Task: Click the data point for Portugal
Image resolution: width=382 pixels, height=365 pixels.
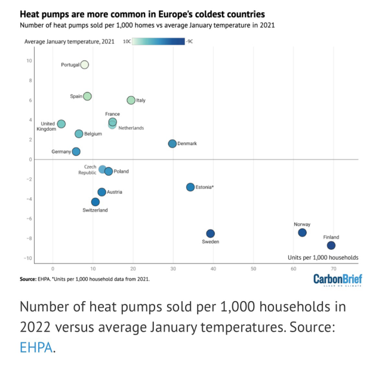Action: coord(85,65)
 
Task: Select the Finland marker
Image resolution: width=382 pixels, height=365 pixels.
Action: coord(331,246)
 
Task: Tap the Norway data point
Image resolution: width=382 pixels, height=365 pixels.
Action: coord(302,232)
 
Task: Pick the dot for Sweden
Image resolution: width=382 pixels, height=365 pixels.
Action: coord(210,234)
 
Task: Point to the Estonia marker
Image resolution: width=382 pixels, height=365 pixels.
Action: coord(190,187)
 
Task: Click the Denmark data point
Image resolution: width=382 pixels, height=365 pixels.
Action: coord(172,143)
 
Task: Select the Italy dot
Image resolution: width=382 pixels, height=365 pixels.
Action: coord(131,100)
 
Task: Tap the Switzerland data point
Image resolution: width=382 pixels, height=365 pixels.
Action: coord(95,202)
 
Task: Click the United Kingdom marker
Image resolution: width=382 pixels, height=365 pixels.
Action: coord(61,124)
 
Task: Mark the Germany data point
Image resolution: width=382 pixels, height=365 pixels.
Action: coord(76,152)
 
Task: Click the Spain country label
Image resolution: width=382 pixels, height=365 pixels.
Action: coord(76,96)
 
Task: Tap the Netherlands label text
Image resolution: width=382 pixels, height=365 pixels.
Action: coord(131,128)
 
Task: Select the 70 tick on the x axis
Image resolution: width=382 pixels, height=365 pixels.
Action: coord(333,269)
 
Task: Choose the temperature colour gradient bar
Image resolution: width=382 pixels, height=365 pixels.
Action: coord(159,41)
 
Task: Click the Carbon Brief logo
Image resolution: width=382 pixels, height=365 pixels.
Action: coord(338,280)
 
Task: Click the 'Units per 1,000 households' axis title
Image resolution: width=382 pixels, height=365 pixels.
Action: coord(323,257)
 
